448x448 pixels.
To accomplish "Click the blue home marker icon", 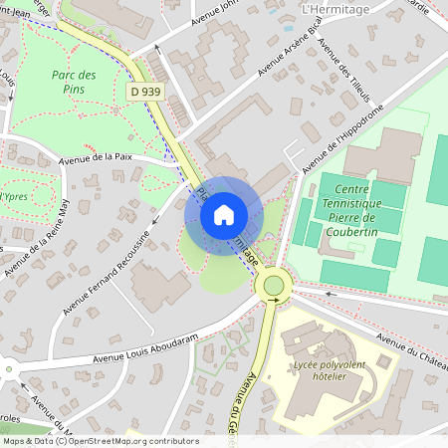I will click(224, 214).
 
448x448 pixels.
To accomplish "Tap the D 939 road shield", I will click(145, 92).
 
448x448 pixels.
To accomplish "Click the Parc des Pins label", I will click(74, 83).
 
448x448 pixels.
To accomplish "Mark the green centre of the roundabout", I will click(272, 286).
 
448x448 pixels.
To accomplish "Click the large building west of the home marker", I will click(158, 288).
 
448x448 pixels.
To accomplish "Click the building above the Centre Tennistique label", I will click(383, 153).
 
